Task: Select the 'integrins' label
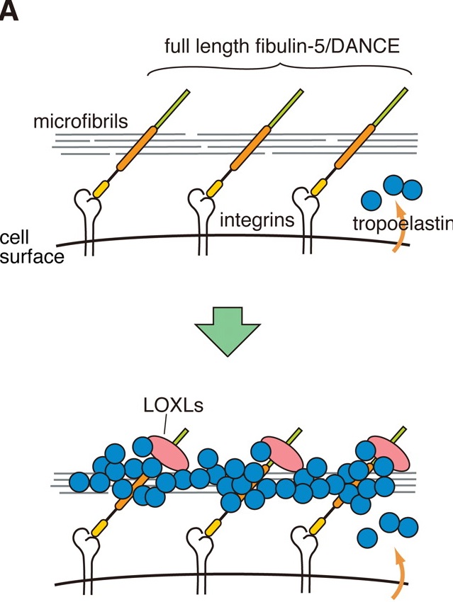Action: [257, 220]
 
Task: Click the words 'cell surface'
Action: [32, 246]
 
